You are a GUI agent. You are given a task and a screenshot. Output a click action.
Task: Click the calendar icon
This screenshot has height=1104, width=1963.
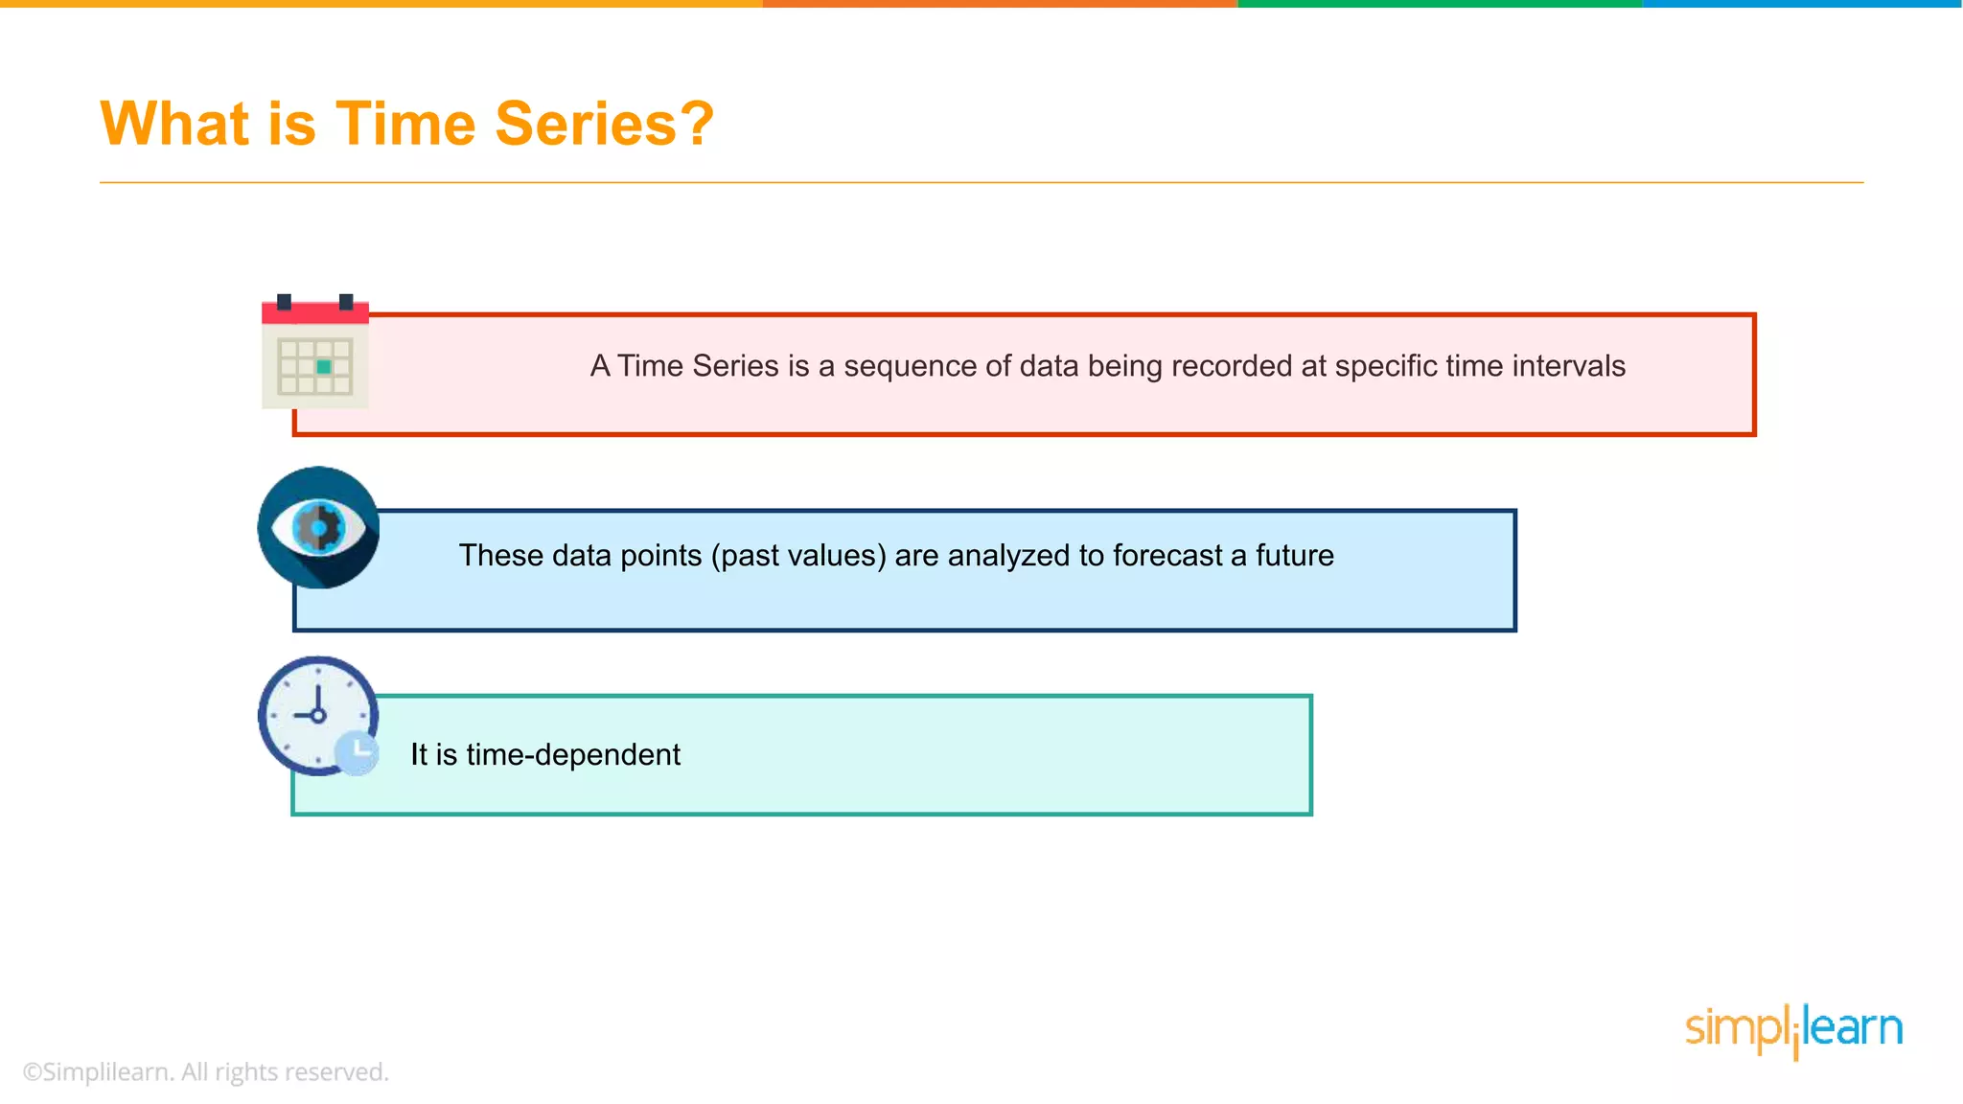pos(315,353)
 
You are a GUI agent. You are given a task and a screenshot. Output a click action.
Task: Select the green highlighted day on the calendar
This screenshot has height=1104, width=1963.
pos(324,367)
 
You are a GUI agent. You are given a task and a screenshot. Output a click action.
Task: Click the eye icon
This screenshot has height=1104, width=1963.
pos(318,527)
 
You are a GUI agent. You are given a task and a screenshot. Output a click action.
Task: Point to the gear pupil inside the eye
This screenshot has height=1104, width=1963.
pos(318,527)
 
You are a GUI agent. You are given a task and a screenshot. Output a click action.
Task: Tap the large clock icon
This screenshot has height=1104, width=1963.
pos(316,715)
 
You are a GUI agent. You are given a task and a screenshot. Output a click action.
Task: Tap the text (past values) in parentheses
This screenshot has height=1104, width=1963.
pos(797,556)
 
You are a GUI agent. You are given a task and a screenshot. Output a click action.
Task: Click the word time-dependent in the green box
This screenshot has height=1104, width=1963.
pos(572,755)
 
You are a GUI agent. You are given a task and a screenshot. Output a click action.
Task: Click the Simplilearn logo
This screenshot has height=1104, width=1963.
pos(1793,1029)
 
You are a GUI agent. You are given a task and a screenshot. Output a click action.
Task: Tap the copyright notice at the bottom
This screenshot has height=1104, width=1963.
pos(205,1071)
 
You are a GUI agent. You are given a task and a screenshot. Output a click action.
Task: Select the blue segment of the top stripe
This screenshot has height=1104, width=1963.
pos(1802,4)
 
